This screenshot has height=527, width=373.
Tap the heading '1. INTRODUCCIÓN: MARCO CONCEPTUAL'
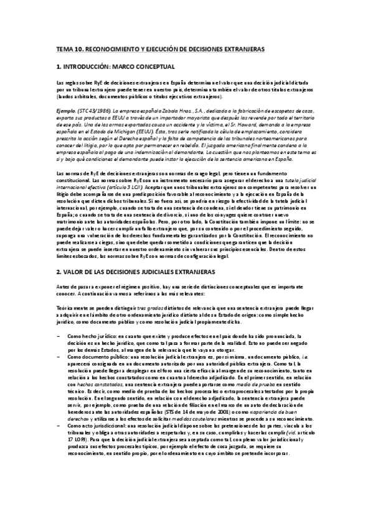(106, 66)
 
